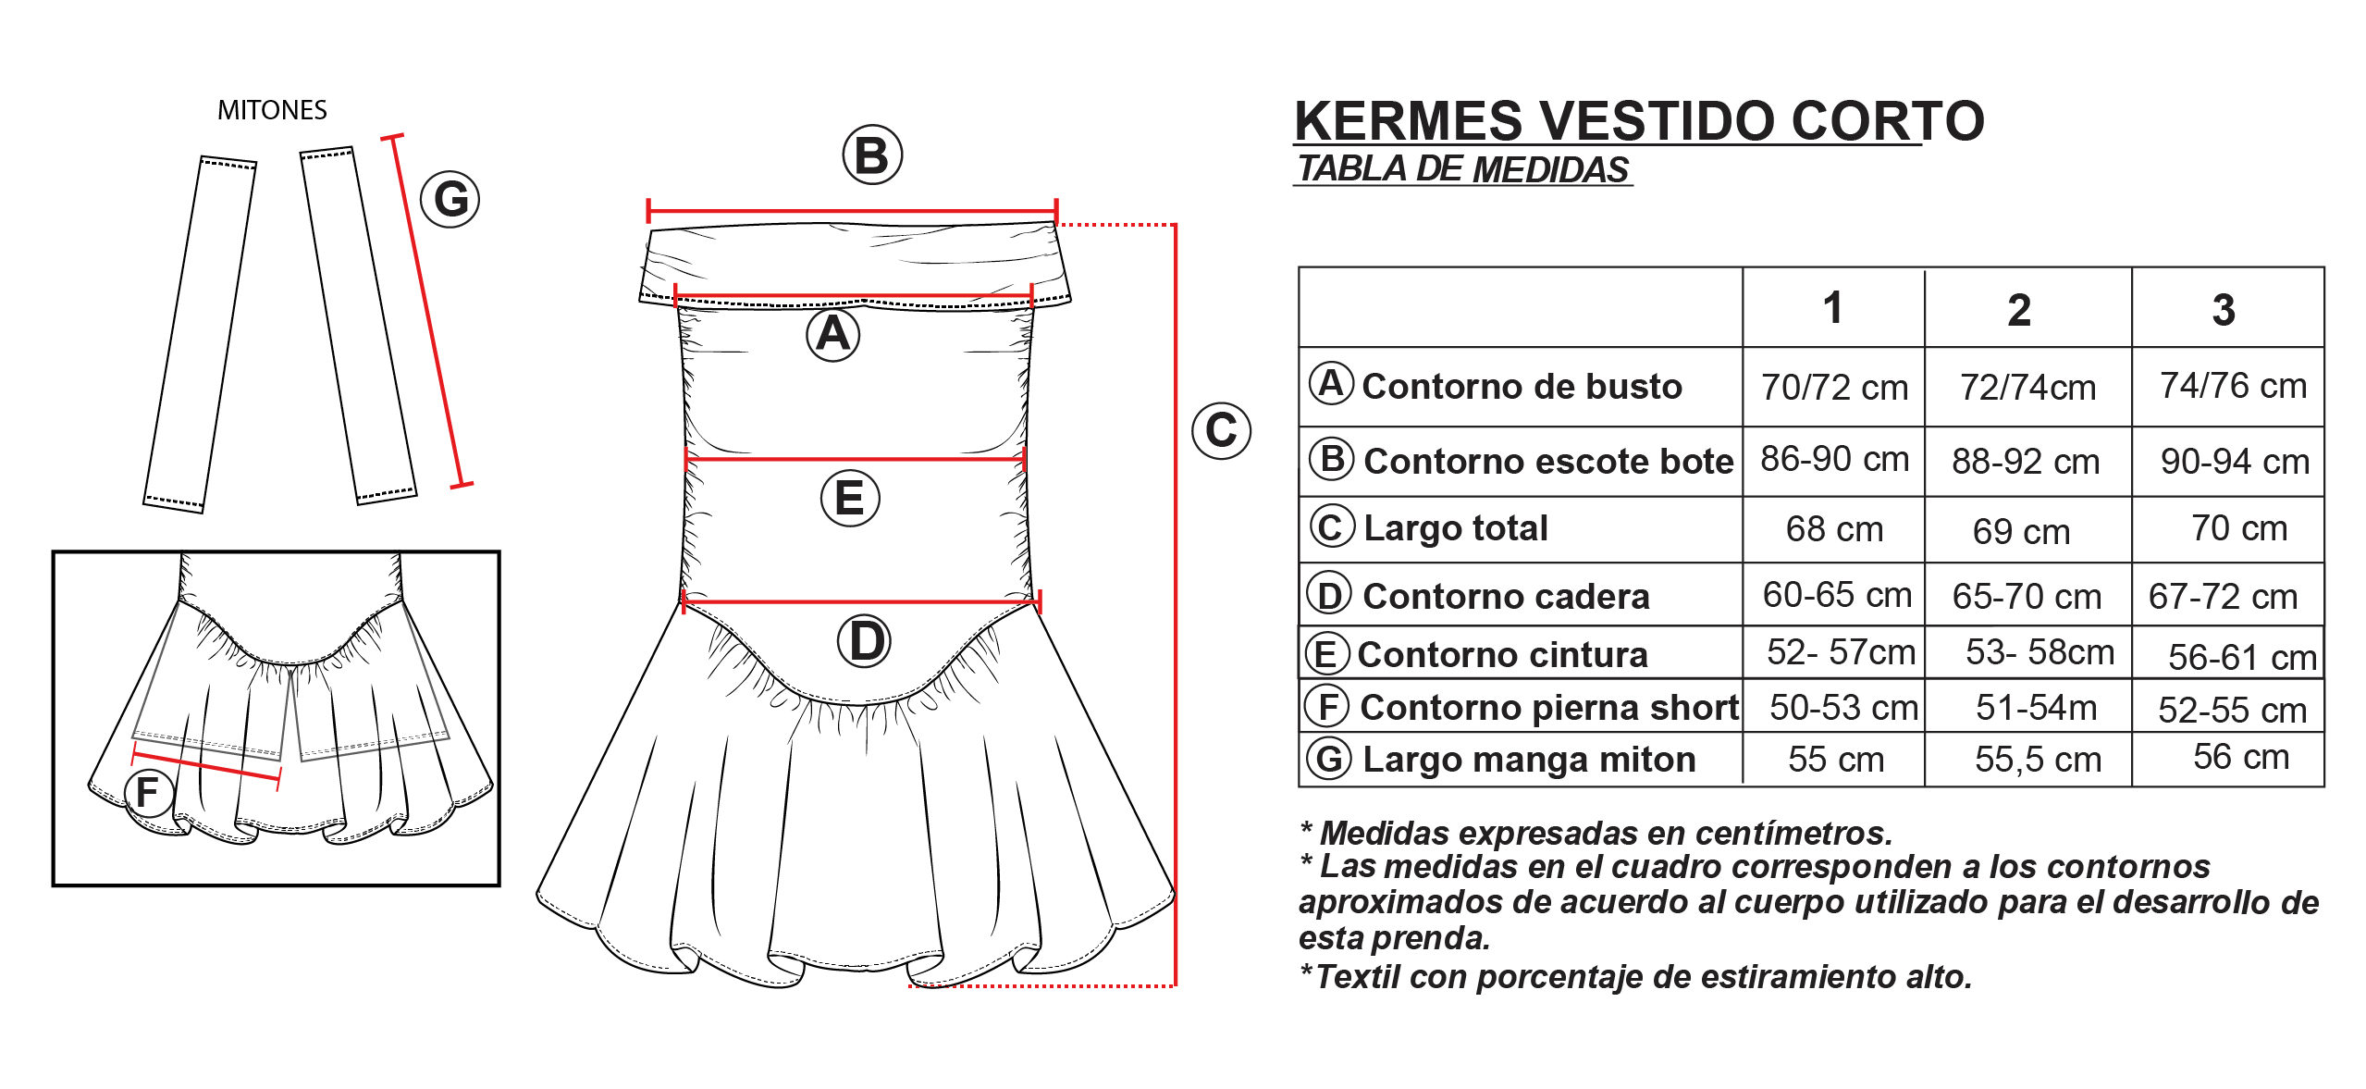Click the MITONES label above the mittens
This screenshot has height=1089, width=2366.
point(272,110)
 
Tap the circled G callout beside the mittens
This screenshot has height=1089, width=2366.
point(450,199)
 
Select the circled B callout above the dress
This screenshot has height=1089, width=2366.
point(872,155)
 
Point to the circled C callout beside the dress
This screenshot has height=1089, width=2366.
point(1221,430)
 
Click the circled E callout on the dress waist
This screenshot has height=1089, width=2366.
point(850,498)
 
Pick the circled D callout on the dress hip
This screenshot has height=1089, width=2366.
point(864,641)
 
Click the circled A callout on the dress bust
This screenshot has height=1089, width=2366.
point(833,334)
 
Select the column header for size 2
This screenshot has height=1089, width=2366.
point(2019,310)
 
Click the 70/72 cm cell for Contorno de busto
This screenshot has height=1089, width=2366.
point(1834,387)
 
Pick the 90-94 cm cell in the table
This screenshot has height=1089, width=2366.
point(2235,461)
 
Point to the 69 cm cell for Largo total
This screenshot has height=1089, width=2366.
point(2021,531)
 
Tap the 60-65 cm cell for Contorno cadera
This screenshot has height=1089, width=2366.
point(1837,595)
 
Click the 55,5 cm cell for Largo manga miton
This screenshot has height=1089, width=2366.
point(2039,760)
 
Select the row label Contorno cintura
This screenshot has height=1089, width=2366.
point(1502,654)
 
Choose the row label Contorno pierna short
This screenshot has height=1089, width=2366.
point(1549,707)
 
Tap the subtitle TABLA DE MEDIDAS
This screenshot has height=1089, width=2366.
point(1462,169)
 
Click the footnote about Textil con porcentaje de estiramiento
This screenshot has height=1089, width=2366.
point(1635,977)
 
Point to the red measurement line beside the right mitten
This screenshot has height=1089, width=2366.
point(427,311)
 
